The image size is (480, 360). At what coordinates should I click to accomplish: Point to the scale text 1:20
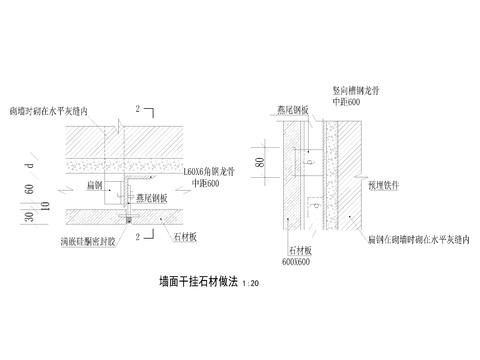coord(258,284)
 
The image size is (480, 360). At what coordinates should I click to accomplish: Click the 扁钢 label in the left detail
coord(95,183)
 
